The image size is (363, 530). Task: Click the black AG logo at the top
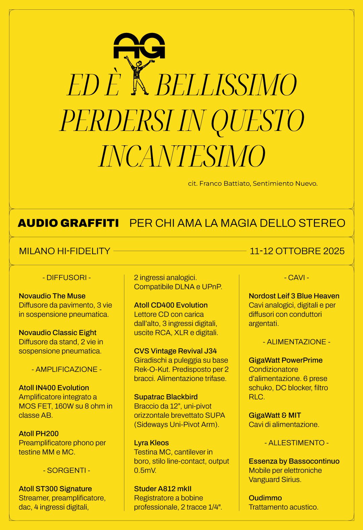pyautogui.click(x=139, y=45)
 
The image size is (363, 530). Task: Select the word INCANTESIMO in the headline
pyautogui.click(x=182, y=156)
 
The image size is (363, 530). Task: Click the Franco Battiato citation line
pyautogui.click(x=252, y=184)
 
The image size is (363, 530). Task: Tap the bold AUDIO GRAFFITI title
pyautogui.click(x=68, y=223)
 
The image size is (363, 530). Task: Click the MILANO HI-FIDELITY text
pyautogui.click(x=65, y=251)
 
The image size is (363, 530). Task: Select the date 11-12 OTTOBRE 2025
pyautogui.click(x=297, y=251)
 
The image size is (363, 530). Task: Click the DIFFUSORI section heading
pyautogui.click(x=67, y=278)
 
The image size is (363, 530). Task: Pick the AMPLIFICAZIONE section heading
pyautogui.click(x=67, y=369)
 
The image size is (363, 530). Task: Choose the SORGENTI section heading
pyautogui.click(x=67, y=470)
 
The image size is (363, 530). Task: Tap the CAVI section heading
pyautogui.click(x=296, y=278)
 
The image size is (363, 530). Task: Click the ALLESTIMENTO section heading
pyautogui.click(x=296, y=443)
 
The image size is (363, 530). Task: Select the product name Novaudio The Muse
pyautogui.click(x=52, y=296)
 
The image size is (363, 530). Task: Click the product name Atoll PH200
pyautogui.click(x=39, y=433)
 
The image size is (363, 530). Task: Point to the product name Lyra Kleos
pyautogui.click(x=151, y=443)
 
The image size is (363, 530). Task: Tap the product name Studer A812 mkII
pyautogui.click(x=163, y=489)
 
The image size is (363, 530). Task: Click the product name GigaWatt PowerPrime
pyautogui.click(x=285, y=360)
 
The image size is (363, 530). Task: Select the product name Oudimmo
pyautogui.click(x=265, y=498)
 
